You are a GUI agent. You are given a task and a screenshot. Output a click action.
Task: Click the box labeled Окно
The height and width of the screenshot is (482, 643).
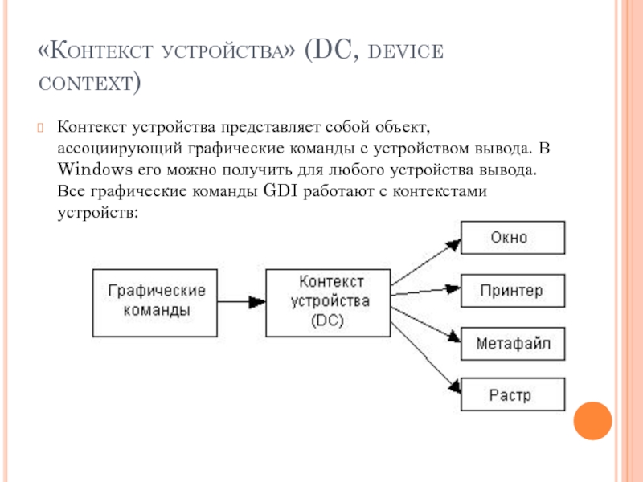tap(512, 239)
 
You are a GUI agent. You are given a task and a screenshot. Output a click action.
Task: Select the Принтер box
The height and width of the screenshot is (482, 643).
tap(512, 291)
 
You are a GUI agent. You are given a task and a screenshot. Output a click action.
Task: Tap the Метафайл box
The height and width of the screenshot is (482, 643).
tap(512, 344)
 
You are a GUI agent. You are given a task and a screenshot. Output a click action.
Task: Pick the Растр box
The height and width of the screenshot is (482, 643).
tap(512, 395)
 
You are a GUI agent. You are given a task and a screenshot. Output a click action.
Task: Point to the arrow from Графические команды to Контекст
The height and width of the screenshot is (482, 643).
tap(241, 301)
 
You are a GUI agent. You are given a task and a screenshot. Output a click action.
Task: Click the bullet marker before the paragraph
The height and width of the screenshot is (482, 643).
tap(41, 128)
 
